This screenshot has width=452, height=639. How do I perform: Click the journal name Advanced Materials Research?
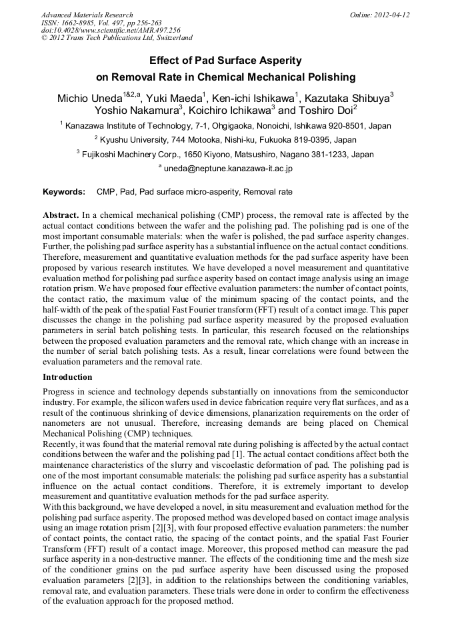pos(87,15)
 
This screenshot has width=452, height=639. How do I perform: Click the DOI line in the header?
pos(110,31)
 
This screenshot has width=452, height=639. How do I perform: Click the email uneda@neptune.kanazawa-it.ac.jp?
pos(228,169)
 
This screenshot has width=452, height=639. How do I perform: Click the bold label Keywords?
pos(64,192)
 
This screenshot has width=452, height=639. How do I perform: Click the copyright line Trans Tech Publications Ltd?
pos(113,39)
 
